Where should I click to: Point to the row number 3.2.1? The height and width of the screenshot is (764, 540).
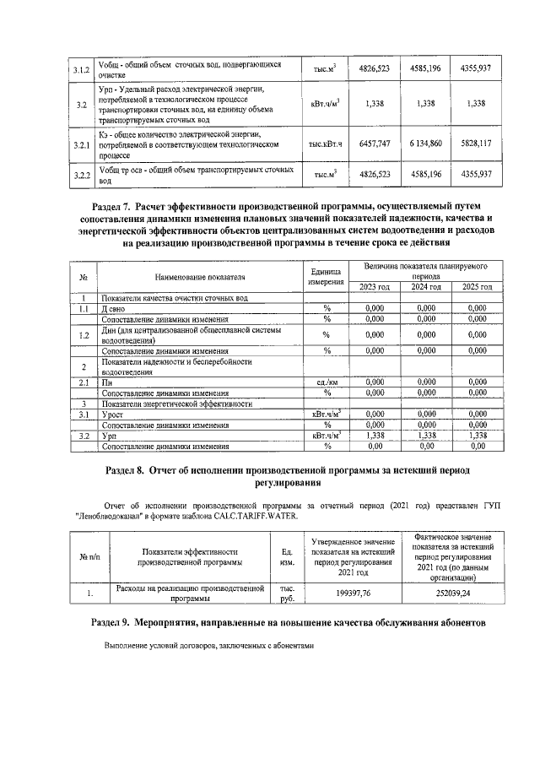[x=58, y=144]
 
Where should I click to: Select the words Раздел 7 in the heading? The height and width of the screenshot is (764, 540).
[x=116, y=205]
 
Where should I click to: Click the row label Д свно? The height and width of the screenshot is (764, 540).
[x=115, y=309]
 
